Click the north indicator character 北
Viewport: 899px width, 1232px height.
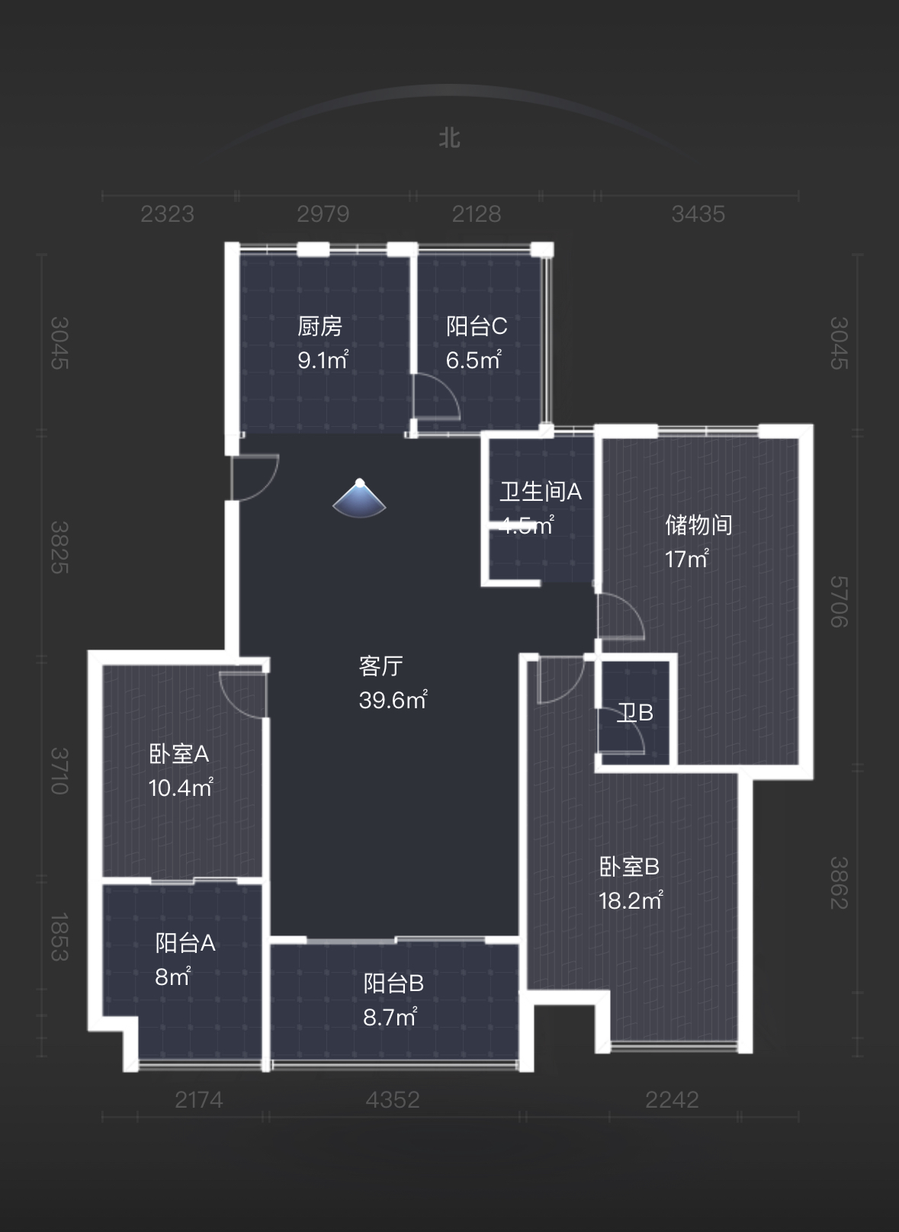pyautogui.click(x=449, y=138)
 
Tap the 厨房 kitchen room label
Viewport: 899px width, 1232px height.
pyautogui.click(x=319, y=326)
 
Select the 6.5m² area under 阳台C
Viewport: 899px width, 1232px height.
pyautogui.click(x=473, y=360)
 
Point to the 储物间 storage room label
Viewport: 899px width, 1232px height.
pyautogui.click(x=698, y=525)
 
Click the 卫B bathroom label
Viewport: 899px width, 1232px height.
pyautogui.click(x=634, y=713)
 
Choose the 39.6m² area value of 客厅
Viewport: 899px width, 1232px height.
pyautogui.click(x=393, y=700)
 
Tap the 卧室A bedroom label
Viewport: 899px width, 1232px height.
pyautogui.click(x=178, y=754)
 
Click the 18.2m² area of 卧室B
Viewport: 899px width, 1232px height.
pyautogui.click(x=630, y=900)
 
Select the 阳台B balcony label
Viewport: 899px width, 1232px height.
pyautogui.click(x=393, y=983)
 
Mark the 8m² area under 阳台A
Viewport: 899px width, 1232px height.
pyautogui.click(x=172, y=977)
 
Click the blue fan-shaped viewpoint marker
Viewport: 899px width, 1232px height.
pyautogui.click(x=359, y=499)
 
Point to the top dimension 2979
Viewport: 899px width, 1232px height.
pyautogui.click(x=323, y=214)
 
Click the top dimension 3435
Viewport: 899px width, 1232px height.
pyautogui.click(x=698, y=214)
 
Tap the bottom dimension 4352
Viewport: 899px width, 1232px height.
pyautogui.click(x=393, y=1099)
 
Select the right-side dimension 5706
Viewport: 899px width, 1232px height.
pyautogui.click(x=839, y=602)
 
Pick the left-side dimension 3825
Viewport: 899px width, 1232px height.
pyautogui.click(x=59, y=547)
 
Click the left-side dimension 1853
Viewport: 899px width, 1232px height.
pyautogui.click(x=59, y=937)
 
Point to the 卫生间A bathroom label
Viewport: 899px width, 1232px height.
pyautogui.click(x=541, y=492)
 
